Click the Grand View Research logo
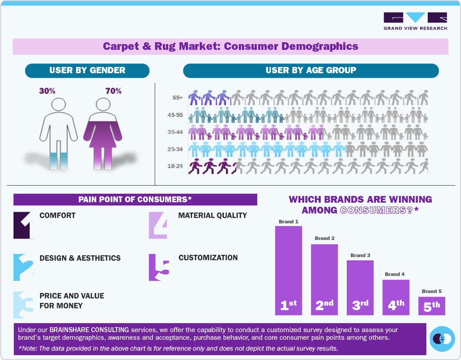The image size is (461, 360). coord(415,21)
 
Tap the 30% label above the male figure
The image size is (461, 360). coord(47,91)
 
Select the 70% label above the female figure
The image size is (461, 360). coord(113,91)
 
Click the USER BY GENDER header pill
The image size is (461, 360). coord(87,71)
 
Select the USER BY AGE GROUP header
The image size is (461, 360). coord(311,71)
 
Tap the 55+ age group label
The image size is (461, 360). coord(177,98)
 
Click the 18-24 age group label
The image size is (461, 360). coord(175,166)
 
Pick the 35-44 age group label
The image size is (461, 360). coord(175,132)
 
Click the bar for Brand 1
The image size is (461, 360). coord(288,270)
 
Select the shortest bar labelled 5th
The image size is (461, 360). coord(432,306)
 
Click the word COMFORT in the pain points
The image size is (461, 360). coord(58,215)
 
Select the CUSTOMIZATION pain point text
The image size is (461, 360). coord(208,258)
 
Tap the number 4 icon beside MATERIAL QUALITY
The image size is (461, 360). coord(158,225)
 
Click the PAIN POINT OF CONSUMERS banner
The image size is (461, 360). coord(135,200)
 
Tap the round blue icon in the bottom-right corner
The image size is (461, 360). coord(443,339)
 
